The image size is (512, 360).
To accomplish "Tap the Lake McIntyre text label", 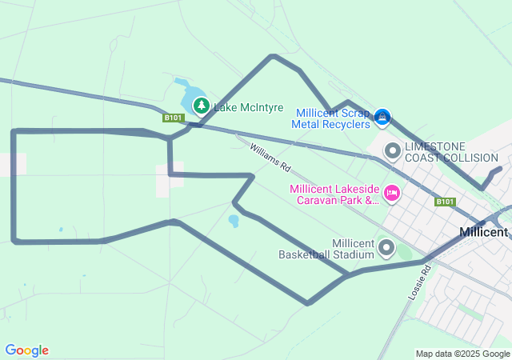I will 248,107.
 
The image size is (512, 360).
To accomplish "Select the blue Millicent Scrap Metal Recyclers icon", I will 383,118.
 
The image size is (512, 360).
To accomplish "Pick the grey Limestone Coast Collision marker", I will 393,150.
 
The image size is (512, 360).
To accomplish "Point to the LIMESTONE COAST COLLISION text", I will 451,152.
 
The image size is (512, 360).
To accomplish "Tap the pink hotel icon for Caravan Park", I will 392,192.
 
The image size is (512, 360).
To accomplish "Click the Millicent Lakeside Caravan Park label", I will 334,194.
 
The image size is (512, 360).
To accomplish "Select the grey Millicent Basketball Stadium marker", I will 386,248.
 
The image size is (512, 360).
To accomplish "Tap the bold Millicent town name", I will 484,232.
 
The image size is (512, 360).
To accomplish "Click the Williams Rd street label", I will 270,158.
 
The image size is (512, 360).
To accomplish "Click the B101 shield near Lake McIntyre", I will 174,118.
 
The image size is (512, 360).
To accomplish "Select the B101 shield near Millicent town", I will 446,202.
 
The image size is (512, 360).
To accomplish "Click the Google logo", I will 27,350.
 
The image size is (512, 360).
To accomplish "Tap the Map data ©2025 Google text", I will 462,354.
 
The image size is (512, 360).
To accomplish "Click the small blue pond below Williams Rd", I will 233,220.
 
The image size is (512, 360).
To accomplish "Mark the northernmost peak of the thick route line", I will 274,56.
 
